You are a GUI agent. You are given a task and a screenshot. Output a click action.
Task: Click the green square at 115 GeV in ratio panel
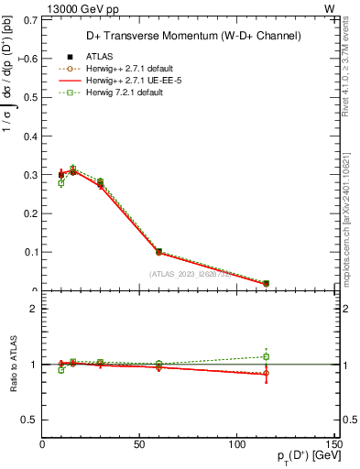pos(266,356)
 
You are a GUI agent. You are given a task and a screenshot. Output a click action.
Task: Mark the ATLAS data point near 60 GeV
pos(158,251)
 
